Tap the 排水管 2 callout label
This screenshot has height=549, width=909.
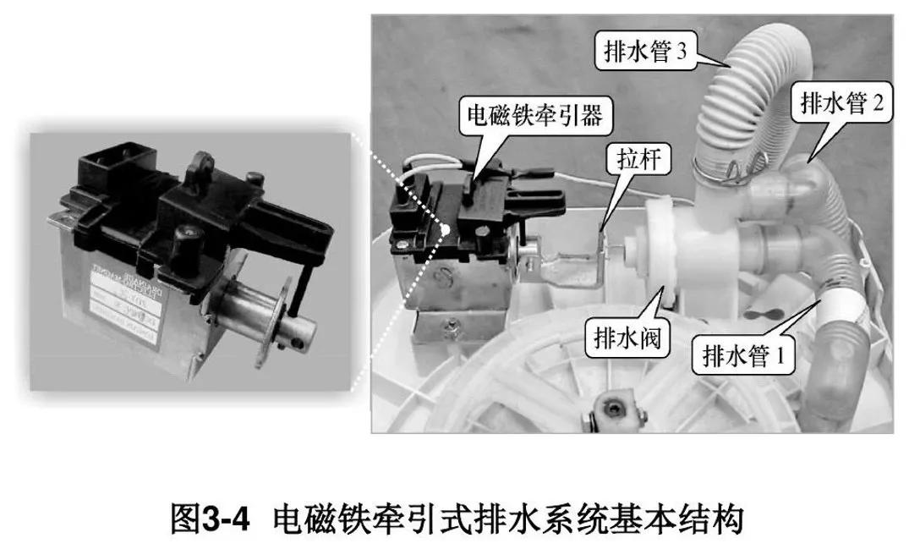point(840,103)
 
